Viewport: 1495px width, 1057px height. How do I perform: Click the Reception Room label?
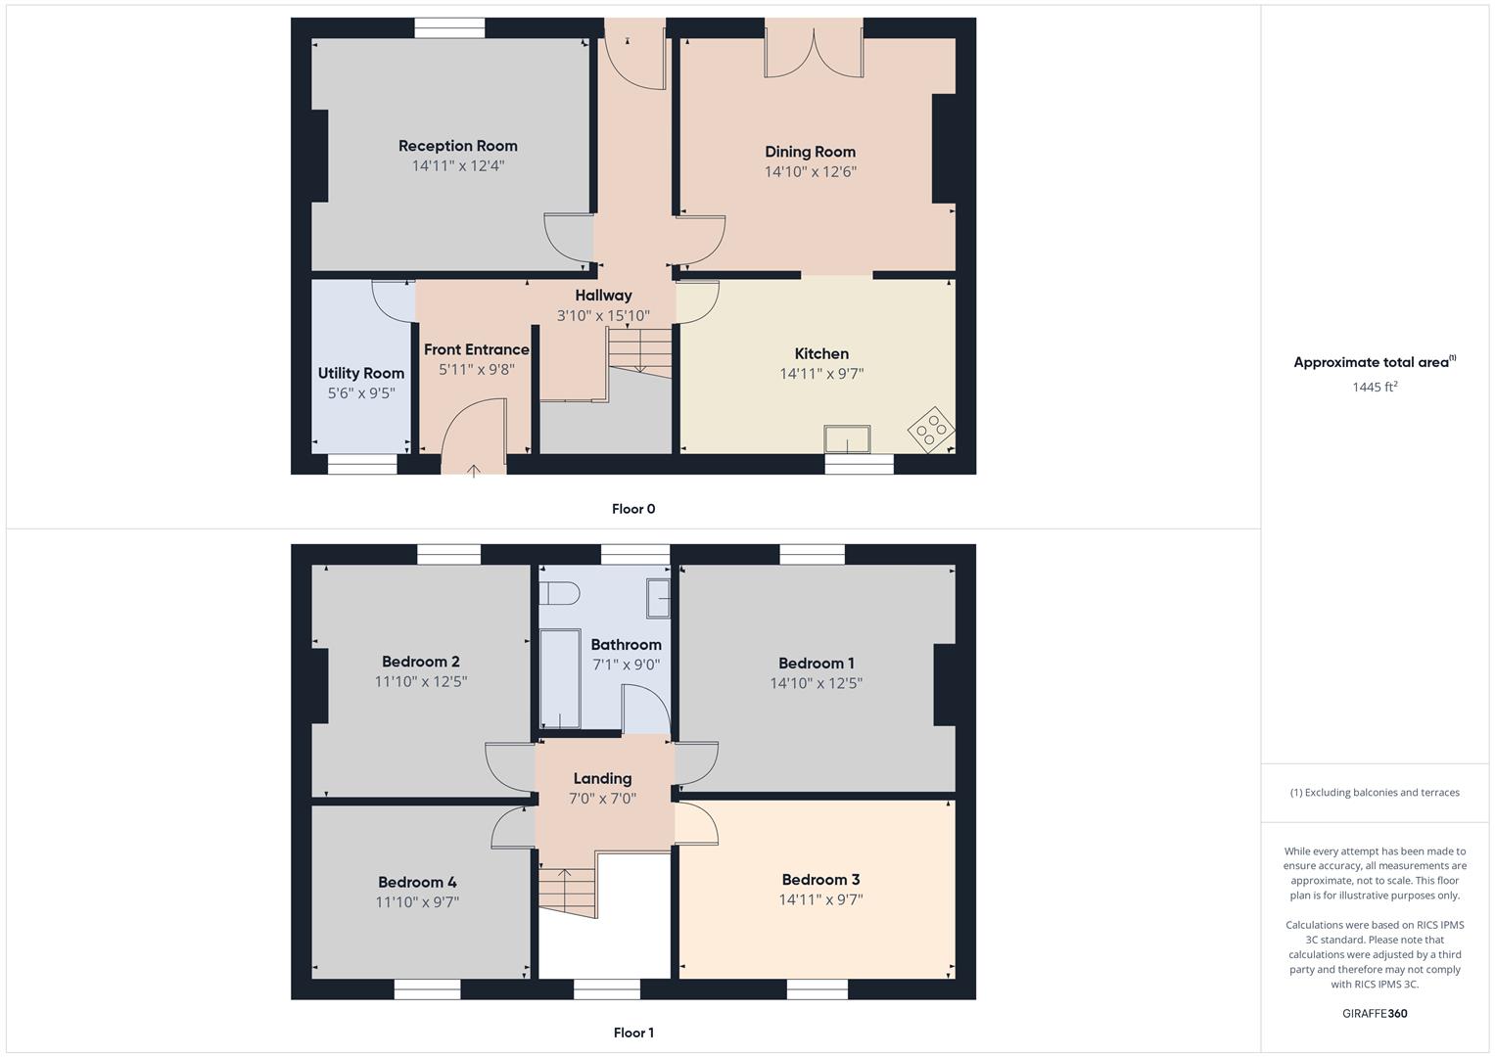click(457, 146)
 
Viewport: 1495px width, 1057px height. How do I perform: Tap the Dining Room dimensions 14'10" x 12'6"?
click(810, 171)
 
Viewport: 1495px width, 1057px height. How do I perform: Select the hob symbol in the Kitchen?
click(931, 429)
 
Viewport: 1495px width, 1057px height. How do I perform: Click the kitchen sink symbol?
click(848, 439)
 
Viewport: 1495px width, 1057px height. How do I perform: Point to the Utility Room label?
click(360, 373)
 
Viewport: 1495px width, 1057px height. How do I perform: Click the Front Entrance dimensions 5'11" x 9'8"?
click(476, 369)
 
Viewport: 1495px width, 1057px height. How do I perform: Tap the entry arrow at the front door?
click(473, 471)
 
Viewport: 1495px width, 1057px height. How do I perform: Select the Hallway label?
click(603, 295)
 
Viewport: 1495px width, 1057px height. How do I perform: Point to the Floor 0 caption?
click(633, 509)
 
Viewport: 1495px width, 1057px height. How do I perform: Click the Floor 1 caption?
click(633, 1033)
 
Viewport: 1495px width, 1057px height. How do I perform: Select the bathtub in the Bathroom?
click(559, 678)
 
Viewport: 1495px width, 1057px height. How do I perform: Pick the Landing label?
click(602, 778)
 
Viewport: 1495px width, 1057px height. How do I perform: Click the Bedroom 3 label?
click(820, 879)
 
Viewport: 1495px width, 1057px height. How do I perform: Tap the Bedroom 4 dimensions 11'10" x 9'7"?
click(417, 901)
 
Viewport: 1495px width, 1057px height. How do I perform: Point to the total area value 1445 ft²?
click(1375, 387)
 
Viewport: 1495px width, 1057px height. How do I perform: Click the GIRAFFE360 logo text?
click(1375, 1013)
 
